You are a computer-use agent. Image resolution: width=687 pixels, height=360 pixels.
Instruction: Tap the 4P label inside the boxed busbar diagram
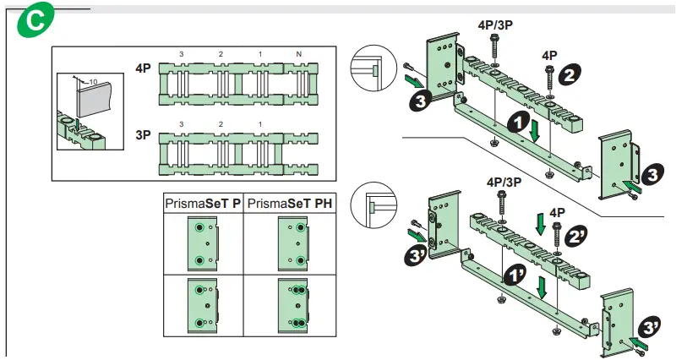pos(143,68)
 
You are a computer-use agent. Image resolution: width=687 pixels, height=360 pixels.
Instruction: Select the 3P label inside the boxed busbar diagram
pos(143,134)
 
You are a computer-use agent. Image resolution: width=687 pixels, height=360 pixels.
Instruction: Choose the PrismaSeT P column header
pos(203,204)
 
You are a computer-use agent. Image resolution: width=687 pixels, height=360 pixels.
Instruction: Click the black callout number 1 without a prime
pos(513,123)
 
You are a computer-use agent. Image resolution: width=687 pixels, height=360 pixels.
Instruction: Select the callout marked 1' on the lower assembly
pos(515,277)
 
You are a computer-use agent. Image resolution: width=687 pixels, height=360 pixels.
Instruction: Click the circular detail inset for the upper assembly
pos(374,68)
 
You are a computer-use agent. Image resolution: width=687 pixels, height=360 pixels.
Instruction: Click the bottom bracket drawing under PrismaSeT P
pos(203,305)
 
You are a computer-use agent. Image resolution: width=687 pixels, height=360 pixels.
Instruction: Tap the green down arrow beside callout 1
pos(533,132)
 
